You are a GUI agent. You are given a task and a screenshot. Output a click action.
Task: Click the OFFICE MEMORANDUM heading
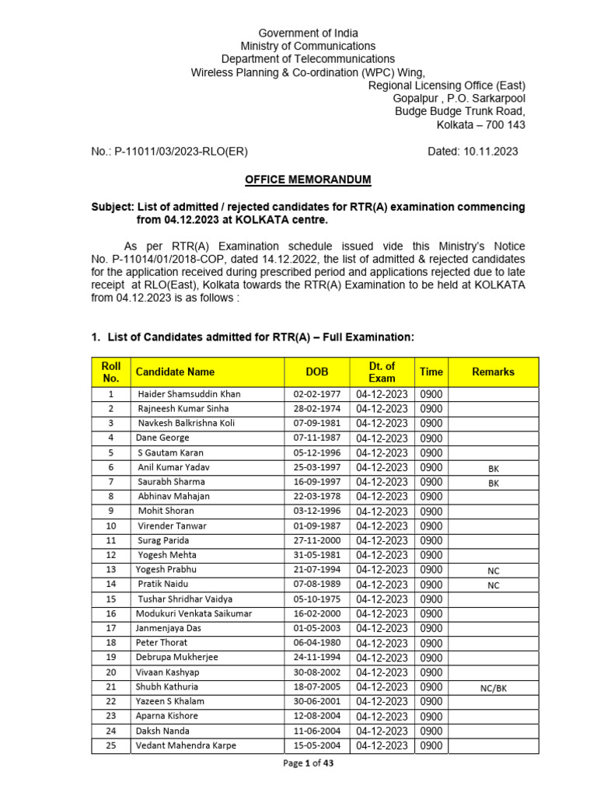(308, 180)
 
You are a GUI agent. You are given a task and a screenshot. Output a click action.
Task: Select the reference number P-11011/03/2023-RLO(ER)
(181, 152)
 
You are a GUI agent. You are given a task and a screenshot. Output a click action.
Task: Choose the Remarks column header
(493, 372)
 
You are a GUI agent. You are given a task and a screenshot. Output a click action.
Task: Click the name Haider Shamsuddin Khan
(189, 394)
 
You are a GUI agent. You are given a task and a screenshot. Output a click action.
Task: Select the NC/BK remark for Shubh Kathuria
(493, 688)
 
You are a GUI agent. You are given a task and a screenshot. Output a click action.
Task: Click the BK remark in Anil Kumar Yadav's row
(493, 469)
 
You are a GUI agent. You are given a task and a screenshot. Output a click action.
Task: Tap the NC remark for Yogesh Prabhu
(493, 571)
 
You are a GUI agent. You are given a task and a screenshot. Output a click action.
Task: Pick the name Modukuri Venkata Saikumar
(194, 614)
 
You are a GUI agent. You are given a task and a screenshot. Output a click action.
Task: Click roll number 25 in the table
(111, 746)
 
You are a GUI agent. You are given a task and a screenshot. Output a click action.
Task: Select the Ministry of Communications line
(308, 46)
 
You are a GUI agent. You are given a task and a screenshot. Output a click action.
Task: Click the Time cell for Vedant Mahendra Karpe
(431, 746)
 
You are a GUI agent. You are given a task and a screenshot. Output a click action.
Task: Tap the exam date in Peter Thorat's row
(382, 644)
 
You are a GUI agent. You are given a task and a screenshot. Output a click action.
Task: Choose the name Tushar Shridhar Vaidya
(185, 599)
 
